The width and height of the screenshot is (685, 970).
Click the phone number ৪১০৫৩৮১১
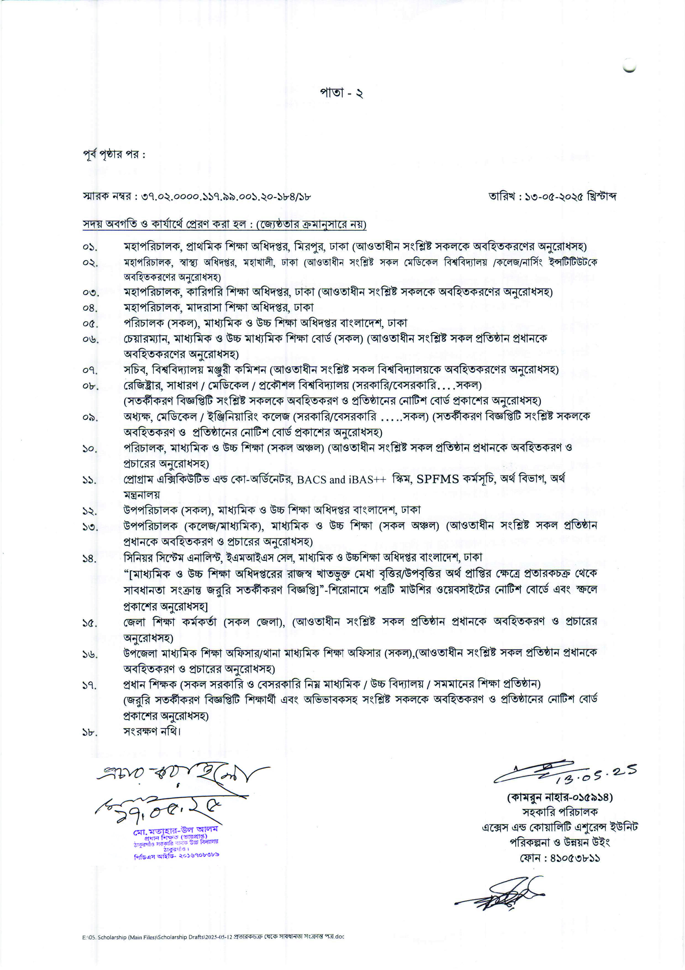click(575, 858)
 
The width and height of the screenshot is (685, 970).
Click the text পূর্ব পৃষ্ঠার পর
click(114, 155)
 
